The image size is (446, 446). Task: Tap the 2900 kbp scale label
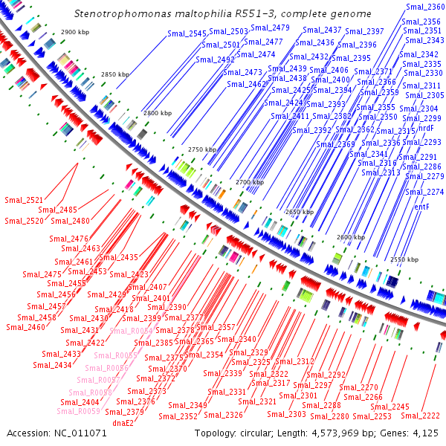tap(74, 33)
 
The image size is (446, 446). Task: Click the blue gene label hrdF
tap(426, 129)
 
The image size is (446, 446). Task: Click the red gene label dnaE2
tap(123, 422)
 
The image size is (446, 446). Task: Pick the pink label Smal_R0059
tap(79, 411)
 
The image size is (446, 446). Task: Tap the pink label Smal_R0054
tap(132, 331)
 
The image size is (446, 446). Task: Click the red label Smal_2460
tap(25, 327)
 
